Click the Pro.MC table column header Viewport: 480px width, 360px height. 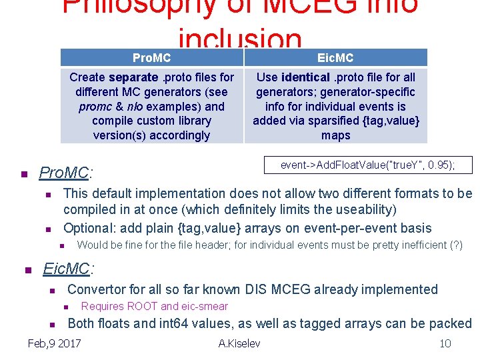[x=151, y=58]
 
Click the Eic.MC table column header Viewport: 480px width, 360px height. [x=335, y=58]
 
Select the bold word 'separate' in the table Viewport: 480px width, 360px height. [x=133, y=77]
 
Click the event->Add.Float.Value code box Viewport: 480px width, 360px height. [x=368, y=165]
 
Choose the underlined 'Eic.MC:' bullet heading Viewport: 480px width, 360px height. [x=68, y=269]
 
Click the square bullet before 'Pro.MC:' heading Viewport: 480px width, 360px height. [x=23, y=175]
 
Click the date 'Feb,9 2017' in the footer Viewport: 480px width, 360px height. [x=54, y=343]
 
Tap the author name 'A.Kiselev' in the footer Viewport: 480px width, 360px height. [x=239, y=343]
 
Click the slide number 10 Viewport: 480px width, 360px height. [x=445, y=343]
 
